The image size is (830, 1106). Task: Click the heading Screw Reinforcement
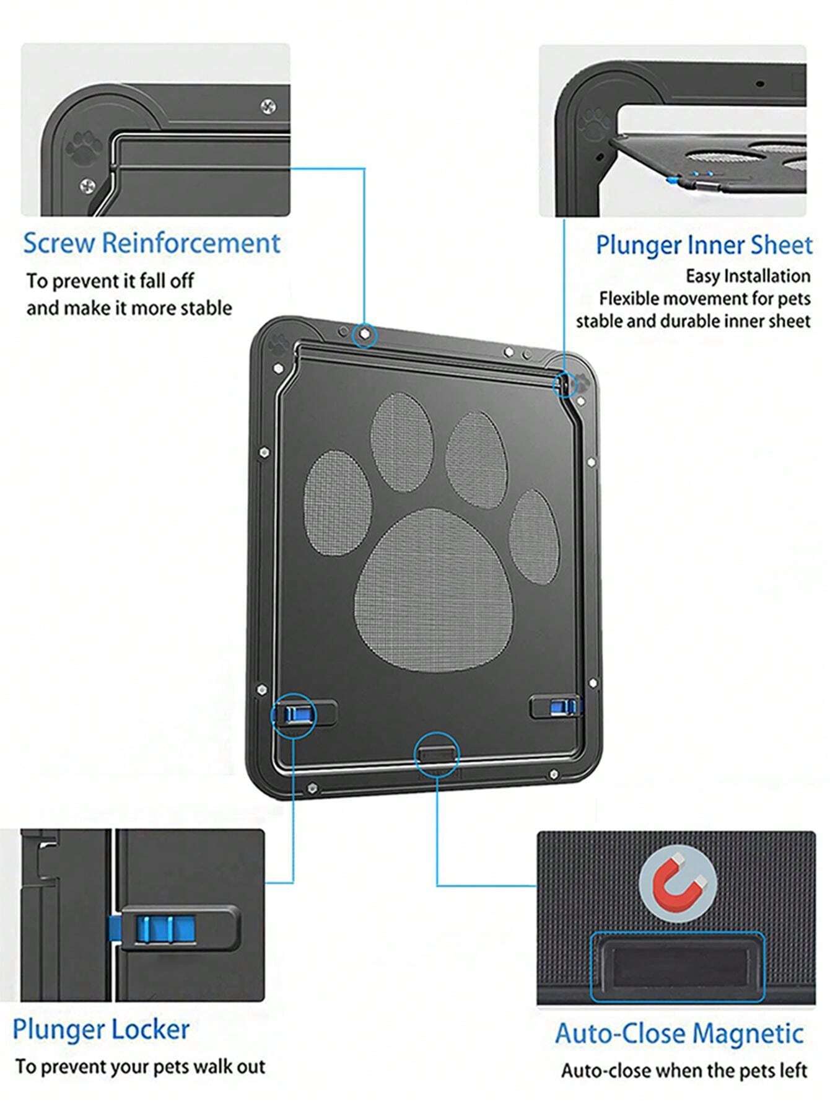152,243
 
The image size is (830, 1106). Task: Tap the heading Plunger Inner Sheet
703,245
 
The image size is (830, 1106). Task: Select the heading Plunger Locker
101,1029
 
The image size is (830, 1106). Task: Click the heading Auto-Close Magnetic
679,1034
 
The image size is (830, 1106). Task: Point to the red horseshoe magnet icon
678,882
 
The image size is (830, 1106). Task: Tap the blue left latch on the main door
294,714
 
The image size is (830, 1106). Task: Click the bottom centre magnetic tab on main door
436,753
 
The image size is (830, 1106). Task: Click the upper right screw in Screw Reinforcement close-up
268,106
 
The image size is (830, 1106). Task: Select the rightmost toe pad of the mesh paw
533,537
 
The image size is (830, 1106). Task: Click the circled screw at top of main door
365,335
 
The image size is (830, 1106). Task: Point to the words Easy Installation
748,276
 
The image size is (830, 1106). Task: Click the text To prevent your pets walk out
140,1067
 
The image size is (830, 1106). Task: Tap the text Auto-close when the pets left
684,1071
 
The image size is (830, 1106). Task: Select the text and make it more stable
129,308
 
